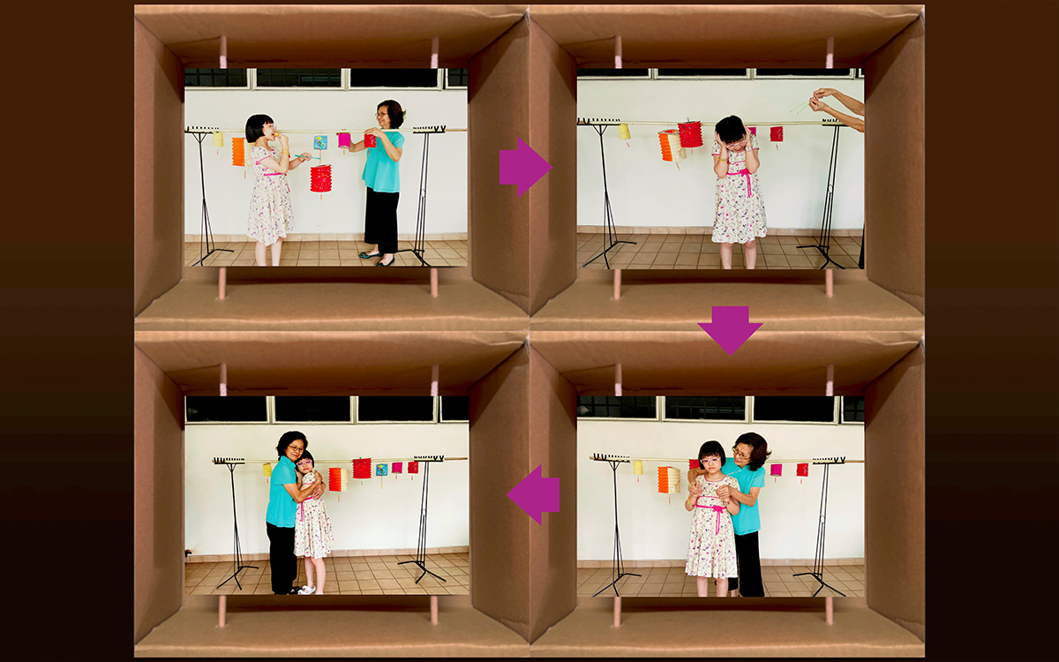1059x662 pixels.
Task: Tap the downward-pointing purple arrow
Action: point(730,328)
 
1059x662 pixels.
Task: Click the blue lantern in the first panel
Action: point(320,142)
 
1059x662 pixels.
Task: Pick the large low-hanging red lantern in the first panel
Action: point(320,178)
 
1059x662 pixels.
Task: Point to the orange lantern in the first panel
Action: point(238,151)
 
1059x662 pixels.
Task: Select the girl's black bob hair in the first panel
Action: point(259,127)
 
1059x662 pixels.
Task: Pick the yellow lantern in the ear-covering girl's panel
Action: point(624,132)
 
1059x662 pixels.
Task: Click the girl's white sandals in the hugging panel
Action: point(306,589)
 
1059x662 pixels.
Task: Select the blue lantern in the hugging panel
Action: point(381,470)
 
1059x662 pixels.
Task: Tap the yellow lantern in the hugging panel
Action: point(267,470)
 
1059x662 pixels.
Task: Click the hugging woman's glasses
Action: point(295,449)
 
